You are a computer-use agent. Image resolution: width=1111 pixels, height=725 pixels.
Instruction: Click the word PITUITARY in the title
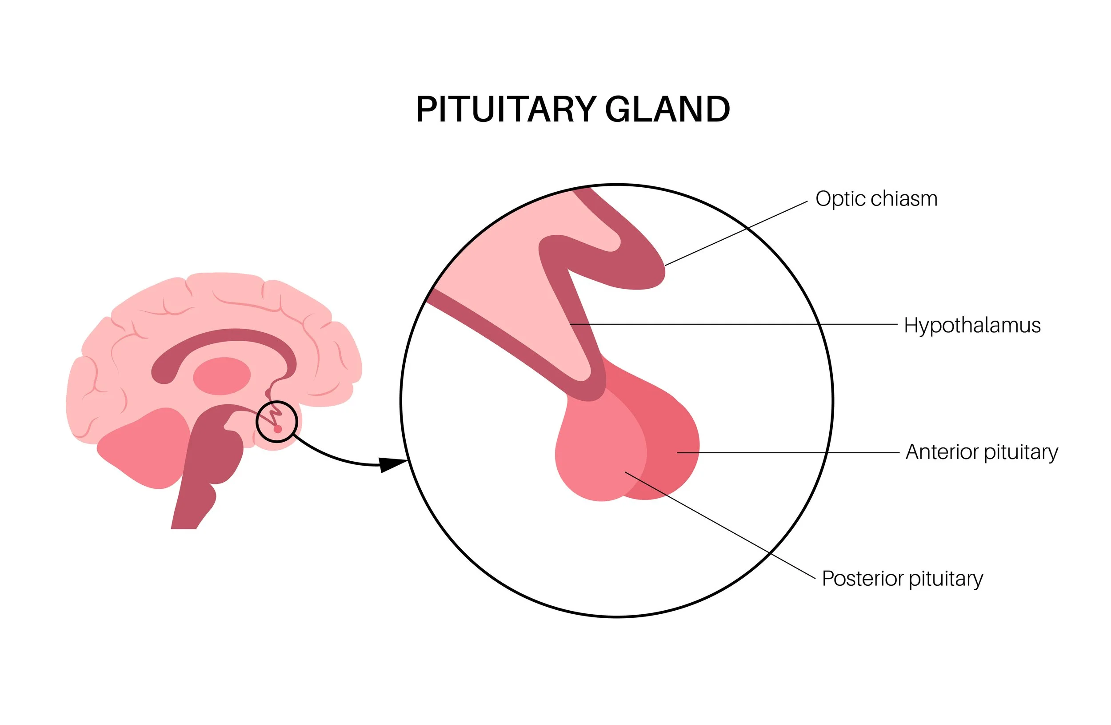(x=506, y=109)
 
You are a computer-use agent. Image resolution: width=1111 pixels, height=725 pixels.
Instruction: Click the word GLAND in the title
(x=667, y=109)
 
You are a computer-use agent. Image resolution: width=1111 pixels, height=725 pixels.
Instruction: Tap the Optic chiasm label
(x=876, y=199)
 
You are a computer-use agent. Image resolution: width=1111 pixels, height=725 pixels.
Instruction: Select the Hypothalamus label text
(x=972, y=326)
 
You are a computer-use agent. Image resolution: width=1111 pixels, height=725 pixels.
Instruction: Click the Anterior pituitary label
(x=982, y=452)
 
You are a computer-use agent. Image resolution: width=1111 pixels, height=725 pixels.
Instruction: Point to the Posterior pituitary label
(x=902, y=579)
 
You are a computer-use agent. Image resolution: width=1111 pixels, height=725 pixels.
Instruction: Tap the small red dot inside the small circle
(x=278, y=429)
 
